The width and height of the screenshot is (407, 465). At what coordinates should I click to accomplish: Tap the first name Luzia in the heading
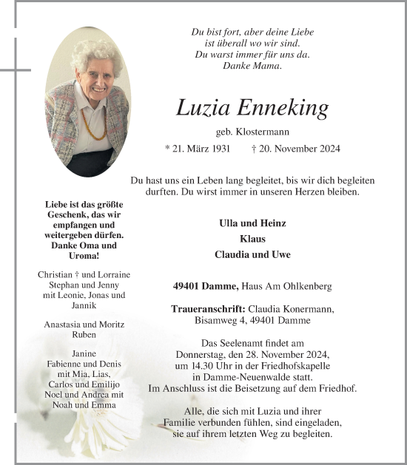click(x=202, y=108)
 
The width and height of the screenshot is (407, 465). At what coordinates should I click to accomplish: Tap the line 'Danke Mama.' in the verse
click(x=252, y=66)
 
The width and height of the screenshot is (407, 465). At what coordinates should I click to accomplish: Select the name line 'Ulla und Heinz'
click(x=252, y=223)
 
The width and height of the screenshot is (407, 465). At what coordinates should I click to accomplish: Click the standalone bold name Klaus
click(x=252, y=239)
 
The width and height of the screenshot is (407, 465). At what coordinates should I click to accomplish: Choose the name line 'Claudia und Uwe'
click(x=252, y=254)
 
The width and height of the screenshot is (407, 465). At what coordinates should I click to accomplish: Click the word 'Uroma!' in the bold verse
click(x=84, y=256)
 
